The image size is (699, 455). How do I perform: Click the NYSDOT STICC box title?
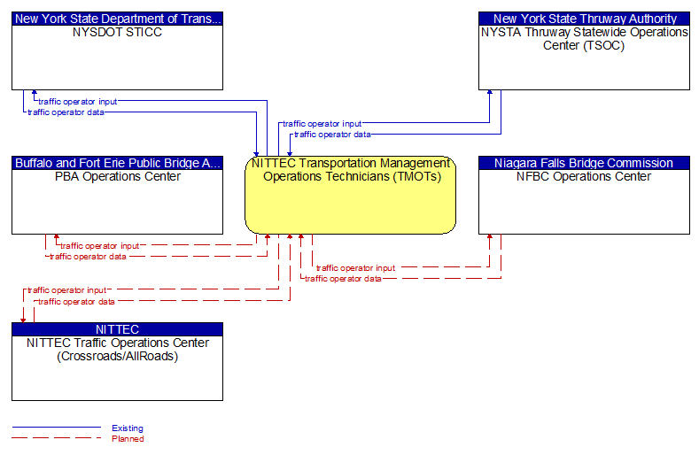tap(117, 32)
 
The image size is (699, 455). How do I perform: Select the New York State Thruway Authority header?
tap(584, 18)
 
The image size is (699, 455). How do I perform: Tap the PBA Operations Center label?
tap(117, 176)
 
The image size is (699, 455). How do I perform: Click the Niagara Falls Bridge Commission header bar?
tap(584, 163)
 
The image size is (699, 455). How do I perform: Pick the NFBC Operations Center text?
tap(584, 176)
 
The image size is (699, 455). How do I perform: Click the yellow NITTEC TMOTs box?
tap(350, 204)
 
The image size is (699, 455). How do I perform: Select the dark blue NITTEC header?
tap(117, 329)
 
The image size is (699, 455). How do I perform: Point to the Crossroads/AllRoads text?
tap(117, 356)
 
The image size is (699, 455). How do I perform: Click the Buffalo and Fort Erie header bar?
tap(117, 163)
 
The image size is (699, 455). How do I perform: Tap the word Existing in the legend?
tap(128, 428)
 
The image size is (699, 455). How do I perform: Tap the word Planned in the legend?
tap(128, 439)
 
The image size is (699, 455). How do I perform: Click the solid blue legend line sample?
tap(56, 428)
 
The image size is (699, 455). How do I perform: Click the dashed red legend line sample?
tap(56, 439)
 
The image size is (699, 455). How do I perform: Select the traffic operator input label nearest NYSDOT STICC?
tap(77, 101)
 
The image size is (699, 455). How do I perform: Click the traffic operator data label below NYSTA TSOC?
tap(332, 135)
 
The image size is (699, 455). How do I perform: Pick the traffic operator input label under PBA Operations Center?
tap(99, 245)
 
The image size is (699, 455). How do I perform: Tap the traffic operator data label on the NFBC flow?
tap(343, 278)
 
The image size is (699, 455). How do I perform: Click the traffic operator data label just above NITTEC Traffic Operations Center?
tap(76, 301)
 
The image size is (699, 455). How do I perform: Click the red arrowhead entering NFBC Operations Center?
tap(490, 238)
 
